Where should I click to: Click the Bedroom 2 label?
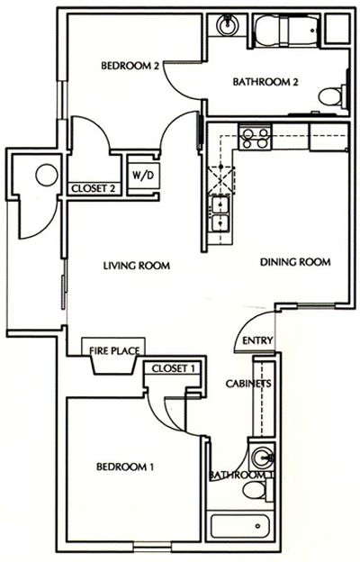click(130, 66)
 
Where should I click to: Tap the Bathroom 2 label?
click(265, 83)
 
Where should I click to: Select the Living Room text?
click(137, 265)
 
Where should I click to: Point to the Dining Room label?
click(296, 262)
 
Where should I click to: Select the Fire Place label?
click(111, 353)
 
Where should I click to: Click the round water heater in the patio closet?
click(43, 177)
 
